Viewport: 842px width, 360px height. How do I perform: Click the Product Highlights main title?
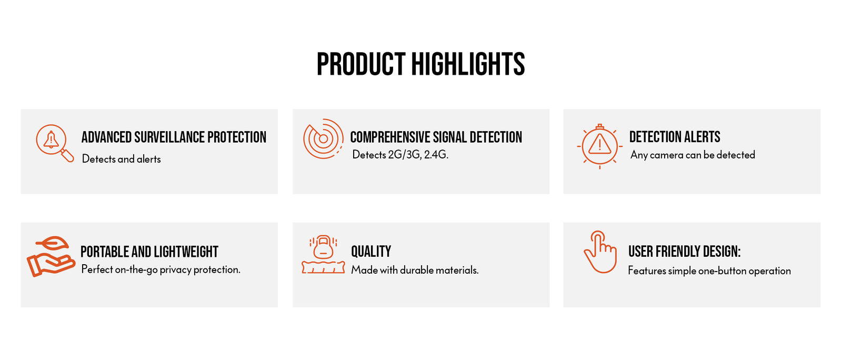coord(420,64)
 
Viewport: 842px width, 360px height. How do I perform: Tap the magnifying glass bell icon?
coord(55,144)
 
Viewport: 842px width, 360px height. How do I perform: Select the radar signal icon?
coord(323,138)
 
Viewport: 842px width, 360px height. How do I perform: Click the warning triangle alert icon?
coord(599,146)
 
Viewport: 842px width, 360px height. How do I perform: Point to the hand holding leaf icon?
coord(51,256)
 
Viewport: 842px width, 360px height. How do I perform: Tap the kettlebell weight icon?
coord(323,254)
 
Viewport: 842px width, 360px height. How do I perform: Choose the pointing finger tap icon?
coord(600,252)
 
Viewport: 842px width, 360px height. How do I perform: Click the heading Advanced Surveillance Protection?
coord(174,137)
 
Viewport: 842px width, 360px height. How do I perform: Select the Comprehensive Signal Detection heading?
coord(436,137)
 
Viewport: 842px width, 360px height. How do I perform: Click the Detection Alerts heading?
coord(675,137)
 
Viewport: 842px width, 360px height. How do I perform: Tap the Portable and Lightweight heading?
coord(149,252)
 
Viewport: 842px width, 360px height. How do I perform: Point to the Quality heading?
coord(371,252)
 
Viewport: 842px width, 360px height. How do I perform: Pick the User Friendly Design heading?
coord(685,252)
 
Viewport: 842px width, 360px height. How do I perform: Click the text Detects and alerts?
coord(122,159)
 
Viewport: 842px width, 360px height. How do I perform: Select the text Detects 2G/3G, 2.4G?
coord(400,154)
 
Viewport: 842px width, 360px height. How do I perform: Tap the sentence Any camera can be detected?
coord(693,155)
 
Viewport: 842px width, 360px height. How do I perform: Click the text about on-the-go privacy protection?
coord(161,269)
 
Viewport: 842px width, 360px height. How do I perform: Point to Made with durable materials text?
coord(415,270)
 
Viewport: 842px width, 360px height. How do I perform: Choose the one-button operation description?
coord(709,271)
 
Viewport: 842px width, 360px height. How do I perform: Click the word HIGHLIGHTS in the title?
coord(468,64)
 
